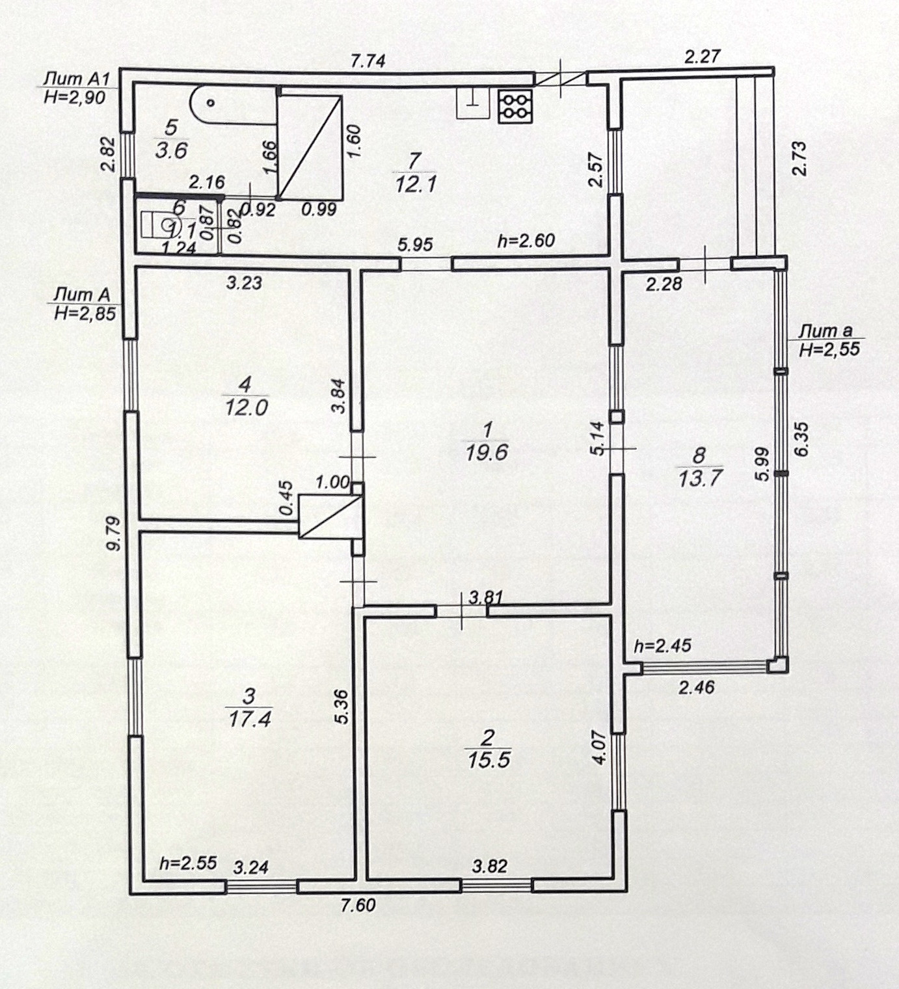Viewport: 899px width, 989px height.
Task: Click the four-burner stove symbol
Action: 515,106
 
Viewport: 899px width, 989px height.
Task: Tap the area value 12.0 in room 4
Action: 245,407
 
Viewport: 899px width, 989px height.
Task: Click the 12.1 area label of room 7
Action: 415,184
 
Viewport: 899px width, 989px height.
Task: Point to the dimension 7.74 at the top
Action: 368,61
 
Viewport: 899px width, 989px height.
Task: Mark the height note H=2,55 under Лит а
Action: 829,349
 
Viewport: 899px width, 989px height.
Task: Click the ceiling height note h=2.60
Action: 526,241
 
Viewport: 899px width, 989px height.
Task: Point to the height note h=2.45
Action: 662,646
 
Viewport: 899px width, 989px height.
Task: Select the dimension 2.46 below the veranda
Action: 696,687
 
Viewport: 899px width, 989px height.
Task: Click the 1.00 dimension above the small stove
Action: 332,483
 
